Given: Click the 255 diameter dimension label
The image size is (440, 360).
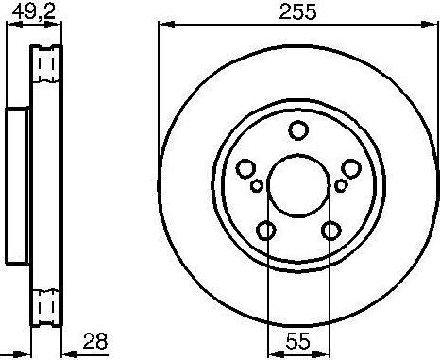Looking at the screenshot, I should point(297,11).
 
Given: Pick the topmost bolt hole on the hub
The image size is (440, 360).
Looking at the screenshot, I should point(298,130).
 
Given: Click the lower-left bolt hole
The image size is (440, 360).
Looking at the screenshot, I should point(267,230).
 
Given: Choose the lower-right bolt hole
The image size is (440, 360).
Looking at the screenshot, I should point(330,230).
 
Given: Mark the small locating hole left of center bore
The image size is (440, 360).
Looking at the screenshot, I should point(258,186).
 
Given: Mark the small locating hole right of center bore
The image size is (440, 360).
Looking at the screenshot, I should point(339,186).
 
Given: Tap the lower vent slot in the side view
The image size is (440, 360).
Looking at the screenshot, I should point(42,304).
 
